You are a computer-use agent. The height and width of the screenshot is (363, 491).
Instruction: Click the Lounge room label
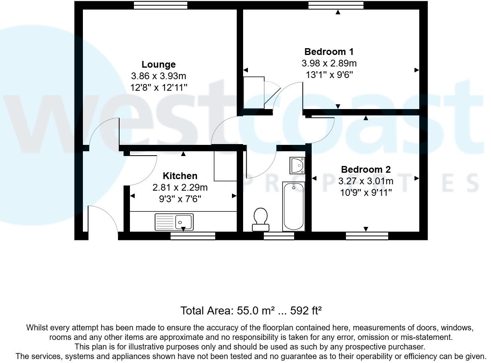[159, 64]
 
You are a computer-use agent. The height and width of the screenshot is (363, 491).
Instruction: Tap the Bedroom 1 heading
[329, 52]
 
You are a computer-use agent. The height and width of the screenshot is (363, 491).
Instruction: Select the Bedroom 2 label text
[365, 170]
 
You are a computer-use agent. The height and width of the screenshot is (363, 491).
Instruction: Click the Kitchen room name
[180, 176]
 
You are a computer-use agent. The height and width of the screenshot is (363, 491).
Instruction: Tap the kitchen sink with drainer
[174, 222]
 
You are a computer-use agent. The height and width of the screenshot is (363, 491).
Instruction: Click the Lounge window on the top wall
[161, 5]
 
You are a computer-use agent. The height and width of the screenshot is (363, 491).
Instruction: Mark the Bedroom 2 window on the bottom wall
[367, 236]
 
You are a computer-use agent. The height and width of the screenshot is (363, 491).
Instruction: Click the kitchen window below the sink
[193, 236]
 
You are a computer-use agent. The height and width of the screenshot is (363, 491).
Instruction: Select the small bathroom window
[279, 236]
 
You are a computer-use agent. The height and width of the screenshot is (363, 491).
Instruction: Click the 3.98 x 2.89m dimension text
[329, 63]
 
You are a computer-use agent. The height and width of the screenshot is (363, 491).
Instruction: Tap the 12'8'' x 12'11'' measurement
[159, 88]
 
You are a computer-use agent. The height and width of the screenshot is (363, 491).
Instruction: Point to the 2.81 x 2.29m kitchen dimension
[180, 187]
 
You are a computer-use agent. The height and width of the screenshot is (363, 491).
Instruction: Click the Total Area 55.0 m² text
[251, 310]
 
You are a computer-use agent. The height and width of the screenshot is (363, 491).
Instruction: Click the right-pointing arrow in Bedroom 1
[416, 70]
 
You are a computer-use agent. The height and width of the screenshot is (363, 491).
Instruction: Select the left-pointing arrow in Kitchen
[132, 196]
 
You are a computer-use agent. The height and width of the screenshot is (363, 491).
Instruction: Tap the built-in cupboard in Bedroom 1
[254, 93]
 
